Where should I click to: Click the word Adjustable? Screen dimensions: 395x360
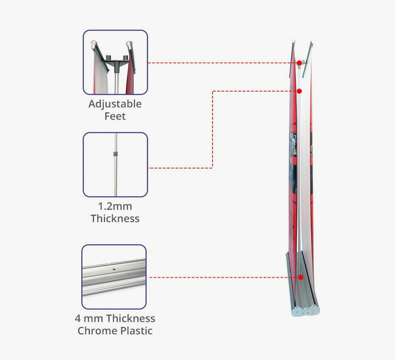(115, 104)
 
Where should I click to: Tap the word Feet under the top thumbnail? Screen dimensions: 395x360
(115, 116)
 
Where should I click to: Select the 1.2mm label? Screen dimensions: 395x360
(115, 206)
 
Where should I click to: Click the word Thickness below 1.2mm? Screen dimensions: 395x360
(115, 218)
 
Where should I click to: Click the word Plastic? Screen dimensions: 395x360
(136, 331)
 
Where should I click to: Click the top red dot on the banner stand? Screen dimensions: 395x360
(299, 63)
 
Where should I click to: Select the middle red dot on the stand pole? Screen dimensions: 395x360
(299, 91)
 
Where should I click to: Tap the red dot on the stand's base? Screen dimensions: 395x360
(300, 277)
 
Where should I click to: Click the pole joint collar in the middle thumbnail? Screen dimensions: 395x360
(115, 154)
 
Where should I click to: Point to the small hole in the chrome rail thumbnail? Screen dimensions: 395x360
(114, 269)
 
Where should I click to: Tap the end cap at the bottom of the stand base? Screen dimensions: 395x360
(306, 311)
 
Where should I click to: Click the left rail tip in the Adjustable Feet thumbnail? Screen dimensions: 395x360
(94, 44)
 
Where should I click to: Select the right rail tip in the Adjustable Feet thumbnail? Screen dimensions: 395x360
(129, 44)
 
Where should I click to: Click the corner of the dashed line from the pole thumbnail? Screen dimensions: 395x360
(213, 91)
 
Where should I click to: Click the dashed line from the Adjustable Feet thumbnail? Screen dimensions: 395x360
(222, 63)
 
